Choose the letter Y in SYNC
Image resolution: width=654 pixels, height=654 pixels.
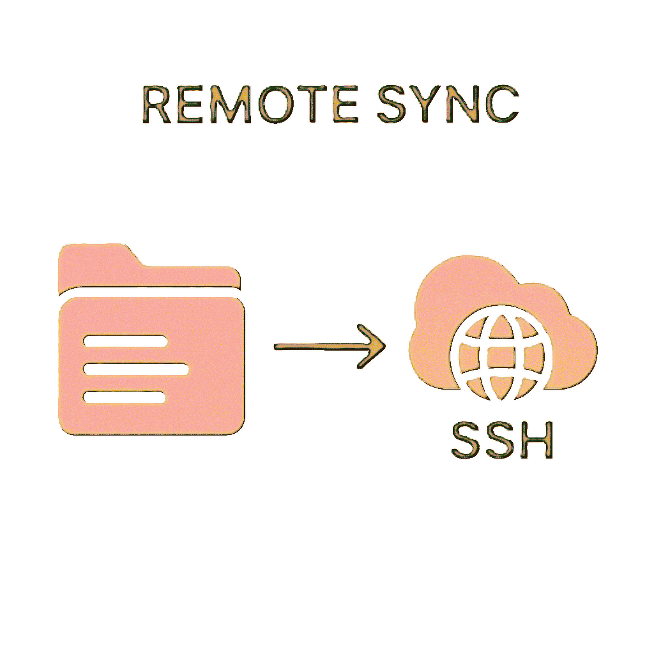click(x=429, y=104)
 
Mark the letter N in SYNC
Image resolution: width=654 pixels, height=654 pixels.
click(x=464, y=104)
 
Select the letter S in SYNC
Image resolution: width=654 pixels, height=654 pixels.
click(x=392, y=104)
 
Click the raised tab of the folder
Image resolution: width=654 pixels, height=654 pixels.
click(x=96, y=255)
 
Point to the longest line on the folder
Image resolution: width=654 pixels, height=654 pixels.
click(x=135, y=369)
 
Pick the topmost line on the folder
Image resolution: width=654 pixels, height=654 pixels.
click(x=125, y=340)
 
